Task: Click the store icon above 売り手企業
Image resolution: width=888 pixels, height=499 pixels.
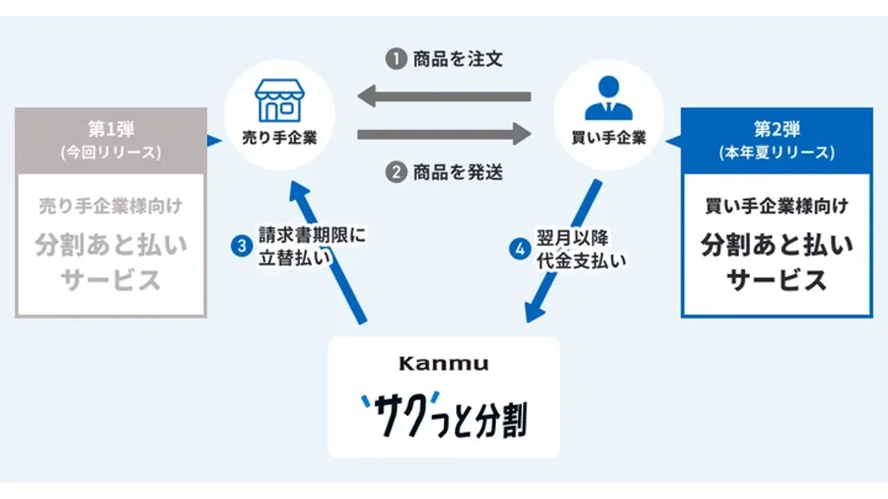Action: pyautogui.click(x=279, y=100)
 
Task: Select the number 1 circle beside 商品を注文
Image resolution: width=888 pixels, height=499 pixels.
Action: pyautogui.click(x=395, y=60)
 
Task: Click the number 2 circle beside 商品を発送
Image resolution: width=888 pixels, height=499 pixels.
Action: pyautogui.click(x=395, y=172)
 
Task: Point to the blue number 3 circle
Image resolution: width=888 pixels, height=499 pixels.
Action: pyautogui.click(x=241, y=246)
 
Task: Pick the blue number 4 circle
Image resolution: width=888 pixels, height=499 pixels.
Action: pyautogui.click(x=519, y=249)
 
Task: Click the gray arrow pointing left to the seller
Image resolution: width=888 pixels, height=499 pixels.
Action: pyautogui.click(x=444, y=95)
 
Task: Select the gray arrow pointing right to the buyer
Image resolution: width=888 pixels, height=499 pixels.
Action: pyautogui.click(x=444, y=134)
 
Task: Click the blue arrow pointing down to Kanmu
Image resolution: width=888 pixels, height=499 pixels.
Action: pyautogui.click(x=564, y=251)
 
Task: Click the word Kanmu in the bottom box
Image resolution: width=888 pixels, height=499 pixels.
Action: pyautogui.click(x=443, y=364)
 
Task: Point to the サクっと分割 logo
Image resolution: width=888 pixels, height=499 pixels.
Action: pyautogui.click(x=443, y=414)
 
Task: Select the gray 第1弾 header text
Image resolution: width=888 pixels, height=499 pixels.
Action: pyautogui.click(x=110, y=129)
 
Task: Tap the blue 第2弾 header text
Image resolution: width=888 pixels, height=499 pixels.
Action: pyautogui.click(x=776, y=129)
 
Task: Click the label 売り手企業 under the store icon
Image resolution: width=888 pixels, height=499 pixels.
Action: pyautogui.click(x=279, y=138)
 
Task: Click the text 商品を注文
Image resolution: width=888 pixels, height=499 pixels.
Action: pyautogui.click(x=458, y=60)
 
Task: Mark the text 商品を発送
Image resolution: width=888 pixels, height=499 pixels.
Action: pyautogui.click(x=458, y=172)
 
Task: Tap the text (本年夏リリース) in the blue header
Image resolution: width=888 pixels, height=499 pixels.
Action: pyautogui.click(x=776, y=152)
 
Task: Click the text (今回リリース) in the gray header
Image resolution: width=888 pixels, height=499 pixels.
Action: pyautogui.click(x=110, y=152)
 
